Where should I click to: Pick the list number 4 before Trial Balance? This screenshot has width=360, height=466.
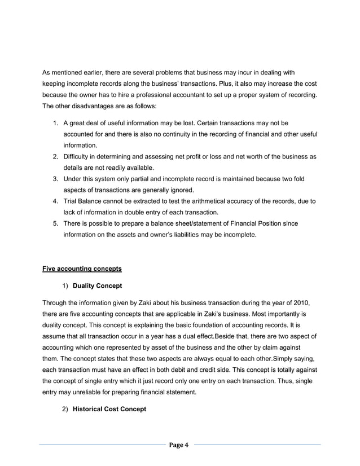tap(55, 201)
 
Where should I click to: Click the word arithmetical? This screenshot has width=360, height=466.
tap(215, 201)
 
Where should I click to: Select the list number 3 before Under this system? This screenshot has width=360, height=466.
tap(55, 179)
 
